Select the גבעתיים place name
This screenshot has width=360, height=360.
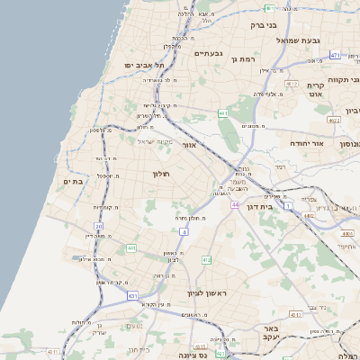pos(208,53)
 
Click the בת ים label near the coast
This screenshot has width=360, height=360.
pos(72,182)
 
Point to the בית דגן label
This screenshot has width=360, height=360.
pos(259,206)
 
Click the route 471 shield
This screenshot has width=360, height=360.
pos(335,56)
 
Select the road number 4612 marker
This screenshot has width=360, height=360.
pos(291,84)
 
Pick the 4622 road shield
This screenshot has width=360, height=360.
pos(334,120)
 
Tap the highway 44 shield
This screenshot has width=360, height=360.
pos(234,205)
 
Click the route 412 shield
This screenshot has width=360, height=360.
pos(206,260)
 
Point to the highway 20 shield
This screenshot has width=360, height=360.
pos(98,225)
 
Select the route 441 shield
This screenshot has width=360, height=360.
pos(130,247)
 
